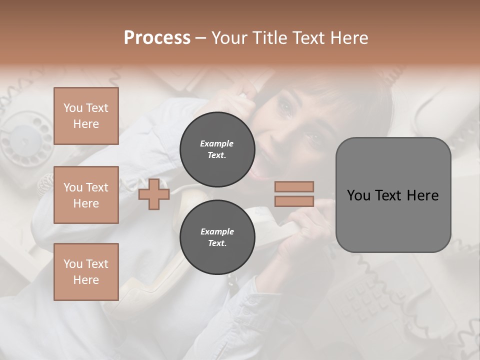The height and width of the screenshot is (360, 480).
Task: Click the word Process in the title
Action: click(157, 38)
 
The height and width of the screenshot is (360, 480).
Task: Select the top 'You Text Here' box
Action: click(86, 116)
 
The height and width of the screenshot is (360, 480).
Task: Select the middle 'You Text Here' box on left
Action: click(86, 195)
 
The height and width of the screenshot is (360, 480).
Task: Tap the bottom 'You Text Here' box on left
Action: click(86, 272)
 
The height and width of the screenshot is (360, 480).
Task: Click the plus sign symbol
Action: click(154, 194)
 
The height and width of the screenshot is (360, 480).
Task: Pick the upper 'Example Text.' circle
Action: click(217, 149)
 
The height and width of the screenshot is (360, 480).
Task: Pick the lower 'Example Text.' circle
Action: click(217, 237)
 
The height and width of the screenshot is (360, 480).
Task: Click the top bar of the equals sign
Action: click(294, 186)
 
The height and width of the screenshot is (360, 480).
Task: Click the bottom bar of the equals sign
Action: click(294, 201)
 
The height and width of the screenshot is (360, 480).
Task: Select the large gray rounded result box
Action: click(393, 195)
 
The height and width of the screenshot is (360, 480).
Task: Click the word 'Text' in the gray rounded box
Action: click(390, 195)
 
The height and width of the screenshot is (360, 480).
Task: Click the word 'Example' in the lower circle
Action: click(217, 231)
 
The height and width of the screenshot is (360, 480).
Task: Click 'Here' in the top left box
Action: click(86, 124)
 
